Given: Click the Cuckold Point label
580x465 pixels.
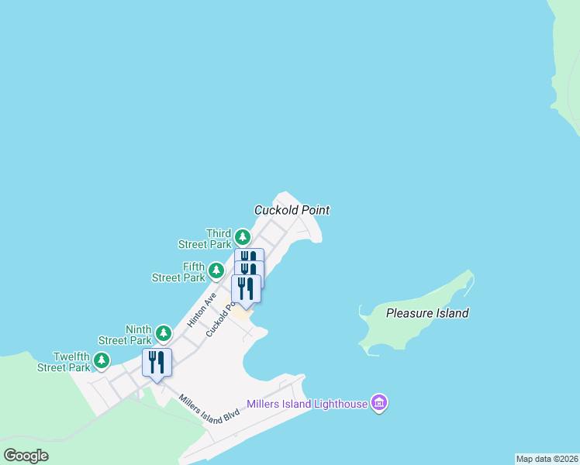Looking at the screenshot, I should pos(292,210).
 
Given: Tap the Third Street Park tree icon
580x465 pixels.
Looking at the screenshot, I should pos(243,236).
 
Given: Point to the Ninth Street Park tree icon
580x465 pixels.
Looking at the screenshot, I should pos(163,333).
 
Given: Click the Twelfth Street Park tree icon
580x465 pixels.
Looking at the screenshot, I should pos(101,360).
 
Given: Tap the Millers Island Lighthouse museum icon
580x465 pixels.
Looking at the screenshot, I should pos(379,404).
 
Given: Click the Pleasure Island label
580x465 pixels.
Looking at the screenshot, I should pos(427,313).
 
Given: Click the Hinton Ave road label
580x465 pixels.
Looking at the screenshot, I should pos(200,310).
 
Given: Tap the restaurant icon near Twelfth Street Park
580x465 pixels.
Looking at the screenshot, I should pos(157,363).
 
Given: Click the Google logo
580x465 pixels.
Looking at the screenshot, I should pos(26,456).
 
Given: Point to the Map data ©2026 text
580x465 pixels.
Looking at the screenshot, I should pos(547,459).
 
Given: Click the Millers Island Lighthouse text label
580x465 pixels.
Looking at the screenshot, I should pos(307,404).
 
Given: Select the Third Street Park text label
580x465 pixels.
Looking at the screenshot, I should pos(205,239).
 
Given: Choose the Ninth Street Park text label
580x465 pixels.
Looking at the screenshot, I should pos(126,335).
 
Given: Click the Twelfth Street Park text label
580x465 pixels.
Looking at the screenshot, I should pos(64,362).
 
